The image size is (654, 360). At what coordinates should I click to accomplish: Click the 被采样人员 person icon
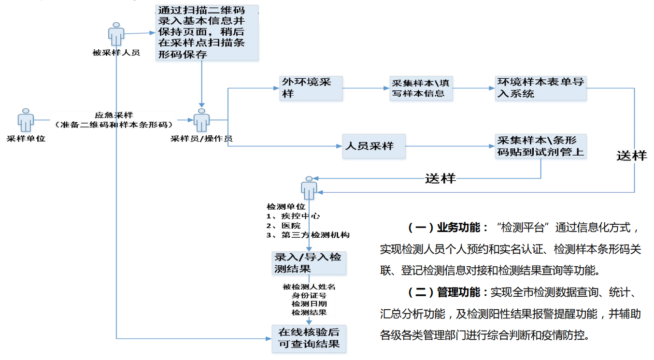pyautogui.click(x=116, y=34)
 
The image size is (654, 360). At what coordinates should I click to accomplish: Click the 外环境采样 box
pyautogui.click(x=311, y=88)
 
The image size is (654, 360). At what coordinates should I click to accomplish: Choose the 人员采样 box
pyautogui.click(x=373, y=146)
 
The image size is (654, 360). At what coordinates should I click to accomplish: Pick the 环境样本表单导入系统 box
pyautogui.click(x=540, y=88)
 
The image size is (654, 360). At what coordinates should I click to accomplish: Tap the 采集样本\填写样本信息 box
pyautogui.click(x=421, y=88)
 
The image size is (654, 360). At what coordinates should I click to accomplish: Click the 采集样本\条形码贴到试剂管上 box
pyautogui.click(x=540, y=146)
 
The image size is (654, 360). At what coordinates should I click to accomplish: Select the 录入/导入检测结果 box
pyautogui.click(x=309, y=263)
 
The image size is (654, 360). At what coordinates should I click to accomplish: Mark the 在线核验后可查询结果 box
pyautogui.click(x=309, y=338)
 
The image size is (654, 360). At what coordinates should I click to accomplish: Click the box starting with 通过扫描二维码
pyautogui.click(x=207, y=33)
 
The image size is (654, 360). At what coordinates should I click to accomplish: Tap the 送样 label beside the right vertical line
pyautogui.click(x=631, y=156)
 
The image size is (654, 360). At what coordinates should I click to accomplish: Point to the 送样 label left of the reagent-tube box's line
pyautogui.click(x=440, y=178)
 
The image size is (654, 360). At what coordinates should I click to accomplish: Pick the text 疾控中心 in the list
pyautogui.click(x=300, y=216)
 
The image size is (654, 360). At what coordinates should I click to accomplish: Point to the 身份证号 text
pyautogui.click(x=309, y=295)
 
